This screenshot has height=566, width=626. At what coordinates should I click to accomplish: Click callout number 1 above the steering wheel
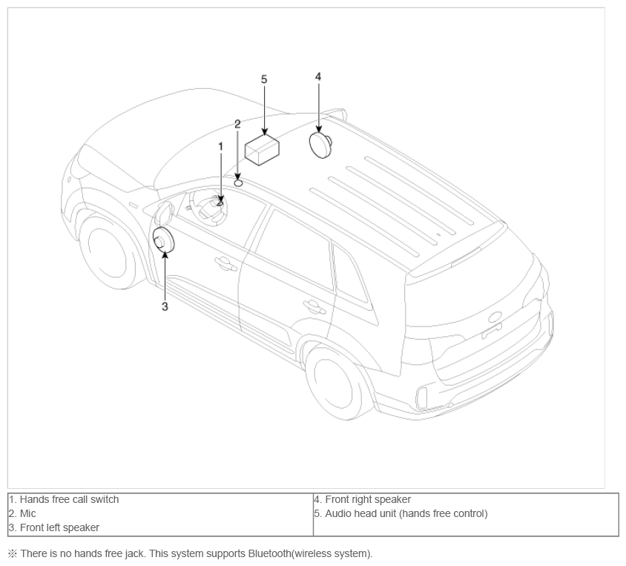(x=220, y=147)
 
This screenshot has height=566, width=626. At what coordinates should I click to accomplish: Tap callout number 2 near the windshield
(x=237, y=124)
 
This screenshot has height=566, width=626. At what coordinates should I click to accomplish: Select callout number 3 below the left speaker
(x=165, y=306)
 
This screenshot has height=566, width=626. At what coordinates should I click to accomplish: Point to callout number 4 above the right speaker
(x=318, y=76)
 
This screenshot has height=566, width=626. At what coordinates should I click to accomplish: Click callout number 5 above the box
(x=264, y=79)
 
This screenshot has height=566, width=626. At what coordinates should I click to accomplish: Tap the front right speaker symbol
(x=320, y=145)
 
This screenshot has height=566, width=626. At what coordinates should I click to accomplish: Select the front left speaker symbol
(x=164, y=240)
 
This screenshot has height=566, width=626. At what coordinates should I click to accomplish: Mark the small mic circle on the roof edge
(x=238, y=182)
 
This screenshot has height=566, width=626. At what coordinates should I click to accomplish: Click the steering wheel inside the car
(x=208, y=208)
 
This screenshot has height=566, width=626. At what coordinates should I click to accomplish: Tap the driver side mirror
(x=165, y=213)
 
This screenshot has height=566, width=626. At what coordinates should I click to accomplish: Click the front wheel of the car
(x=108, y=252)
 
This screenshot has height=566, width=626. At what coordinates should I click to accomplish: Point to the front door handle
(x=226, y=264)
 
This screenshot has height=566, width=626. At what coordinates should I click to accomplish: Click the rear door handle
(x=314, y=307)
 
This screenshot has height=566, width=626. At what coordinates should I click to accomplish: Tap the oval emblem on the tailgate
(x=495, y=317)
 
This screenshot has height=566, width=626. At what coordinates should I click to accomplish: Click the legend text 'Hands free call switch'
(x=69, y=499)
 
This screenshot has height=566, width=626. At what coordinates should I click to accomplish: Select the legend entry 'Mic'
(x=27, y=513)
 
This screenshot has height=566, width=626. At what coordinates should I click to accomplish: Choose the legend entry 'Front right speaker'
(x=368, y=499)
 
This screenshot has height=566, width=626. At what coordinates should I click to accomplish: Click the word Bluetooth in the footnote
(x=269, y=553)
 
